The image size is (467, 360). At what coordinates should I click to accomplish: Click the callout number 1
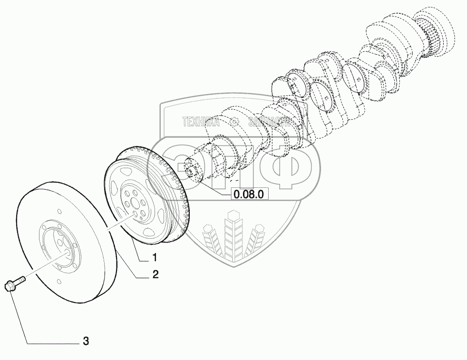[155, 258]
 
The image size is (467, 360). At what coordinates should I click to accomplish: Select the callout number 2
[156, 274]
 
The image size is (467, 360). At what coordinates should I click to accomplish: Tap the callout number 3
[86, 341]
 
